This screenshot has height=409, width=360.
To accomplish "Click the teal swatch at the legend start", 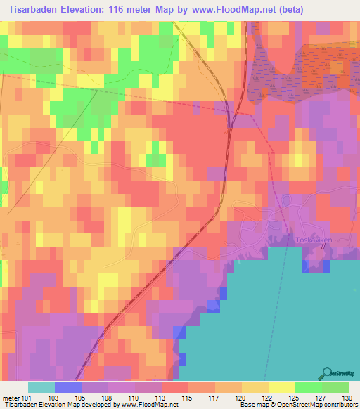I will pos(41,387).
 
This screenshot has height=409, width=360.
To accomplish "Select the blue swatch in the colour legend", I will pos(68,387).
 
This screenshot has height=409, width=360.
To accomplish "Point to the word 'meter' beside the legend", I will pos(12,397).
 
